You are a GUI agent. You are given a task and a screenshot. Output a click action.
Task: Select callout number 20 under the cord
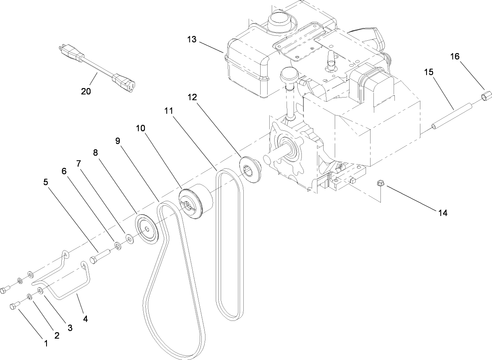[86, 91]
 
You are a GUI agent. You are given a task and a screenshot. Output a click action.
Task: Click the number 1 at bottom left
[46, 342]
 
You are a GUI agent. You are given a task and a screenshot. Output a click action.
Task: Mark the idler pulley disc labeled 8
[147, 229]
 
